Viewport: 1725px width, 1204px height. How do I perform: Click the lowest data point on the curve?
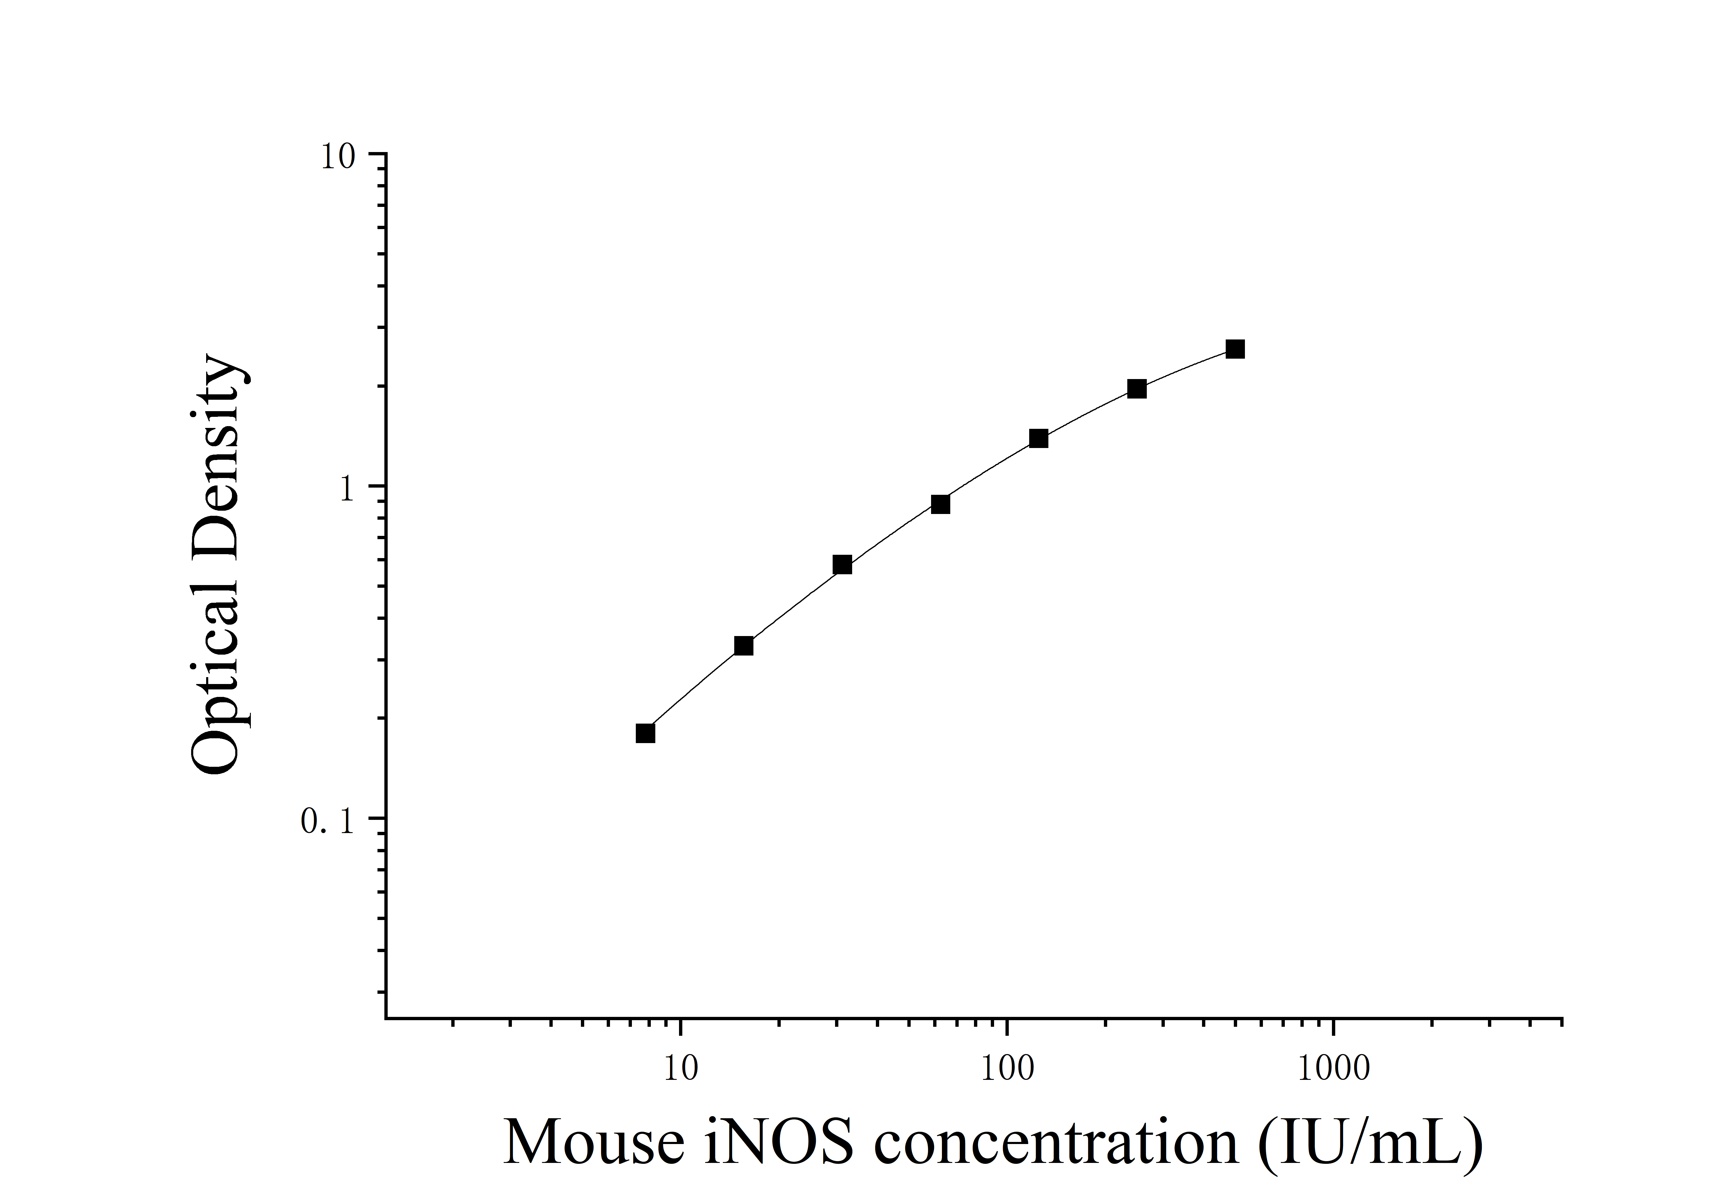pyautogui.click(x=645, y=733)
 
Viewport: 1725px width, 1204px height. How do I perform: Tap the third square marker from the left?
pyautogui.click(x=842, y=565)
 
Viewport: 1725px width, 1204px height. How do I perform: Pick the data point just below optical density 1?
pyautogui.click(x=940, y=504)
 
